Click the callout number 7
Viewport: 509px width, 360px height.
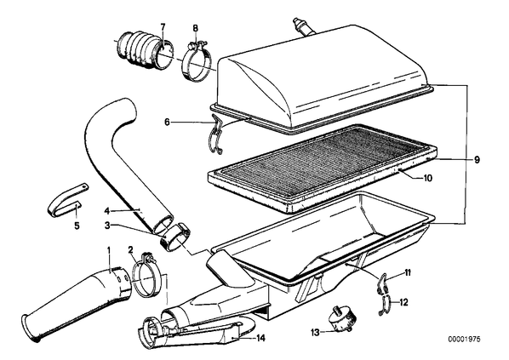pos(163,27)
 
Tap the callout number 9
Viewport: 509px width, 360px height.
pos(477,160)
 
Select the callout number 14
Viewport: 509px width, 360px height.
pos(260,338)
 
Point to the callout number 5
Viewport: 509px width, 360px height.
pos(77,226)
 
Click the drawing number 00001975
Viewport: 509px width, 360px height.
pos(464,340)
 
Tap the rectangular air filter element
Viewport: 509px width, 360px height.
pos(322,167)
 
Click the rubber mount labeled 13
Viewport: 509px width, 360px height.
pos(340,320)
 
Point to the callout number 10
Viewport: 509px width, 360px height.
pos(427,178)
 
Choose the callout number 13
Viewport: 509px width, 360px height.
pos(315,332)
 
